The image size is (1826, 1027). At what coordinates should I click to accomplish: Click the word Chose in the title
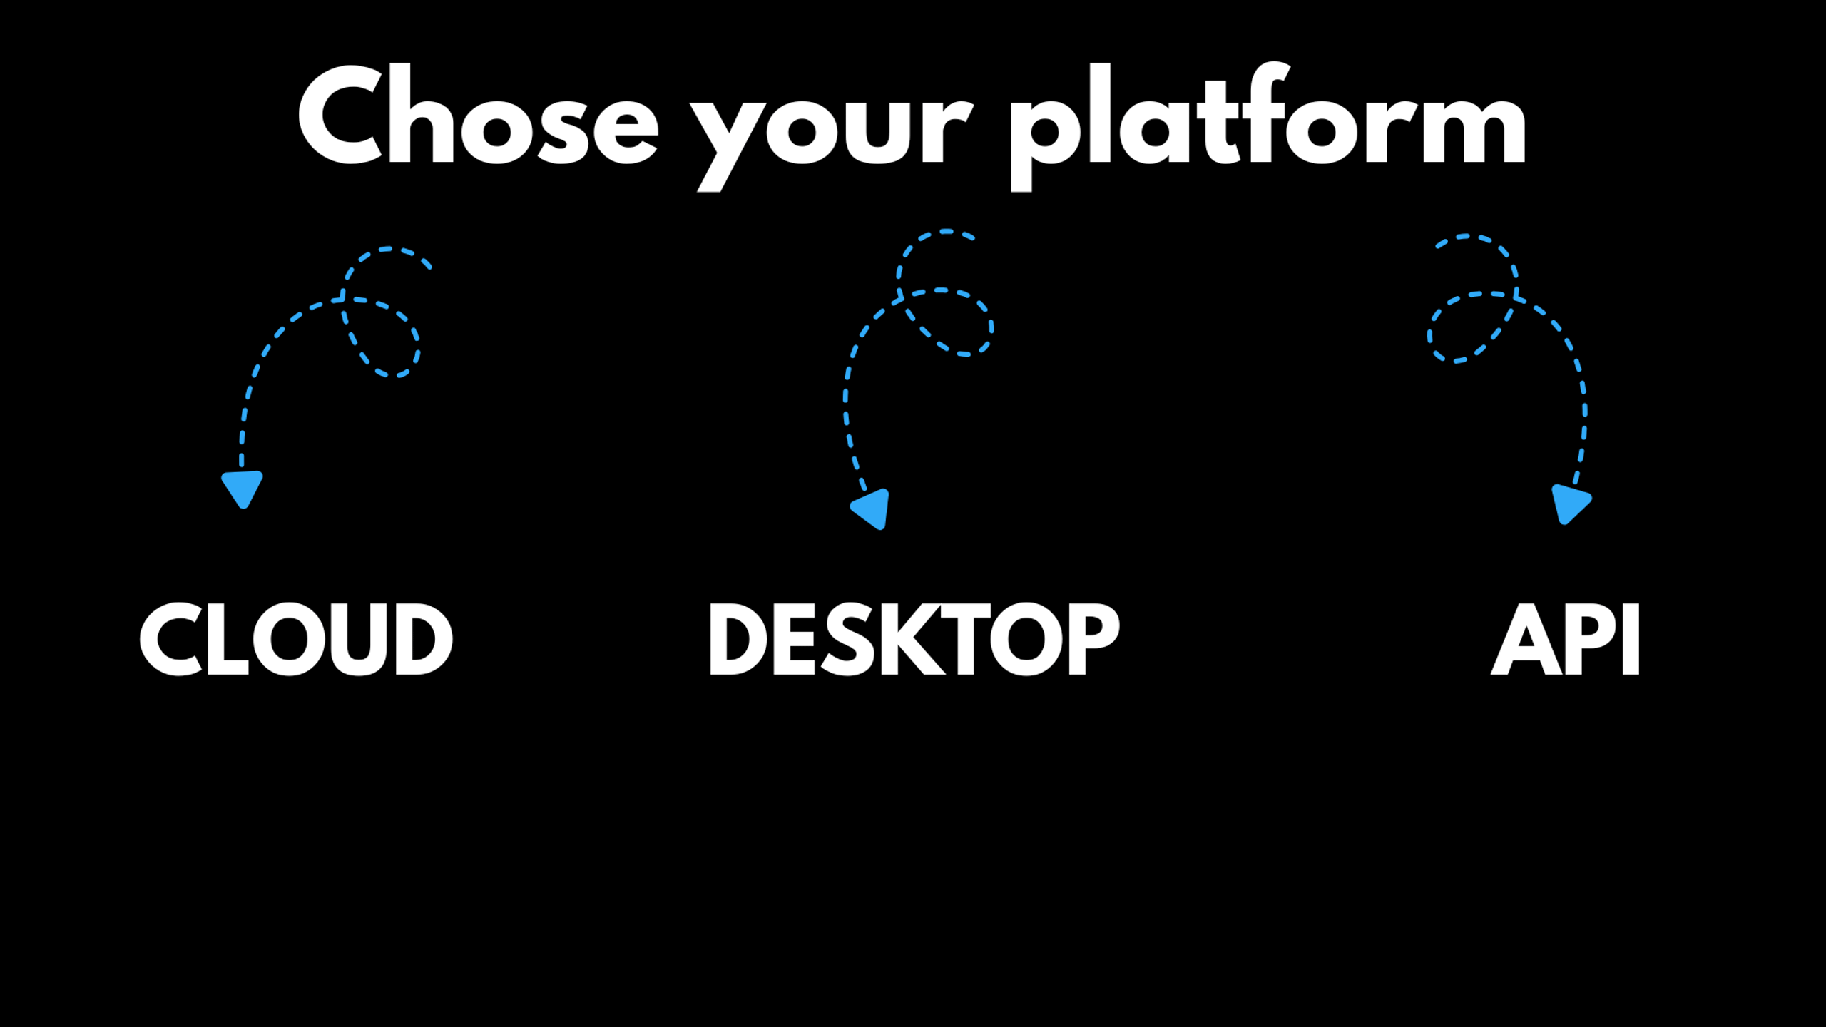(x=478, y=114)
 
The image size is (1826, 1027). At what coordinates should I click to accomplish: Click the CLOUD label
(x=296, y=639)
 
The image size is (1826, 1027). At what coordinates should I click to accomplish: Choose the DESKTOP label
(x=914, y=639)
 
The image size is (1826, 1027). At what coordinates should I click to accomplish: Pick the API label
(x=1565, y=639)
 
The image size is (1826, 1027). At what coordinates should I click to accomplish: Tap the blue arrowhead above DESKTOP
(x=871, y=509)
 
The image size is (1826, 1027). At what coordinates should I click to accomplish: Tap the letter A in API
(x=1527, y=639)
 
